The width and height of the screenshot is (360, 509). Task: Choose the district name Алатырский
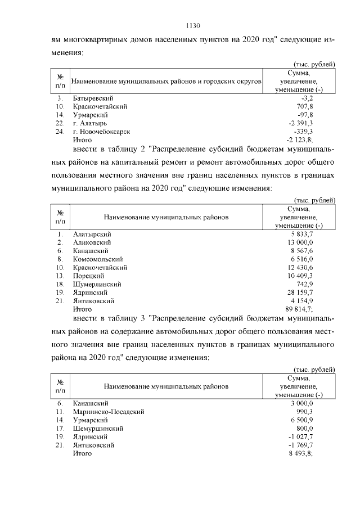[92, 233]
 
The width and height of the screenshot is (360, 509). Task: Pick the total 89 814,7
[299, 309]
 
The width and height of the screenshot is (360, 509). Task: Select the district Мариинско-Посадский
[109, 412]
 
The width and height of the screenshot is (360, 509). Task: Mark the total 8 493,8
[300, 453]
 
